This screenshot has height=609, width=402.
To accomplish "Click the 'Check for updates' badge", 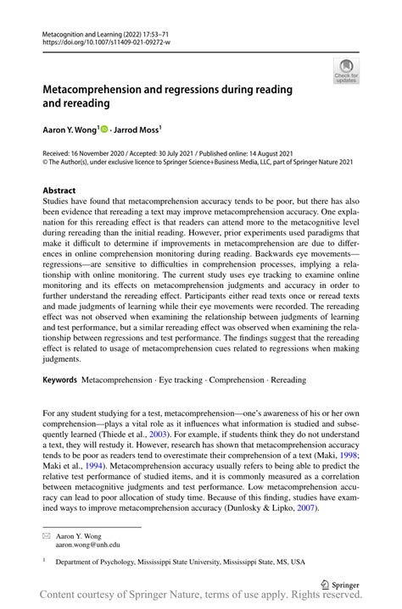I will [346, 74].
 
